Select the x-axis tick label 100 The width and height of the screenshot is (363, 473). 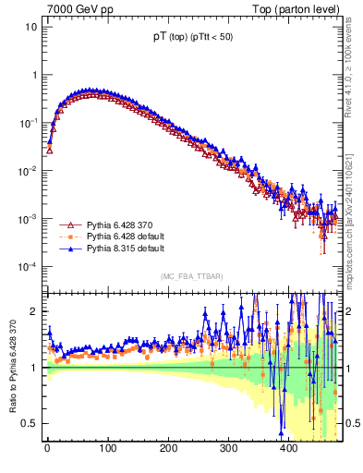[107, 448]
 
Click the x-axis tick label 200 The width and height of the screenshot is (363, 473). [168, 448]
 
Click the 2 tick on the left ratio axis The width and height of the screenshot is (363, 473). [33, 311]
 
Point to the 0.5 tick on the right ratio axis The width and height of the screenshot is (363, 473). [352, 423]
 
